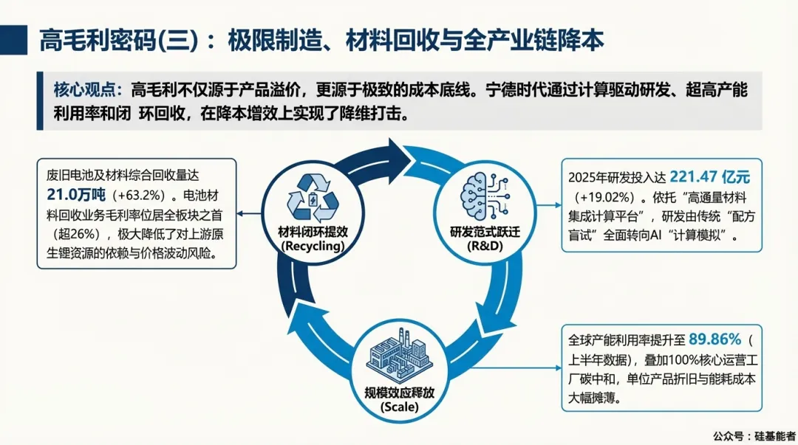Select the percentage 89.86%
point(715,339)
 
